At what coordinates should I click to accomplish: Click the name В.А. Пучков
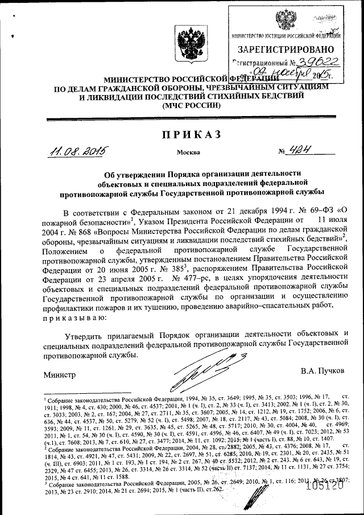point(323,370)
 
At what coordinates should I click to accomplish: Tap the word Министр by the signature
point(60,376)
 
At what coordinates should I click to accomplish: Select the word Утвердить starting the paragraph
point(85,333)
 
